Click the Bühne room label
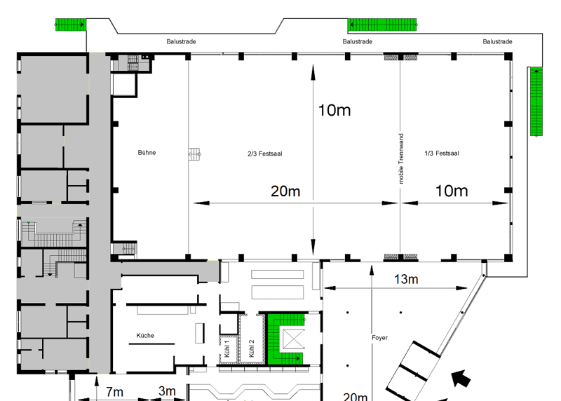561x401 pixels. pyautogui.click(x=147, y=153)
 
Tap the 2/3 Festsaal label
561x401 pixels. pyautogui.click(x=265, y=154)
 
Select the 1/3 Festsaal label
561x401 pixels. pyautogui.click(x=442, y=154)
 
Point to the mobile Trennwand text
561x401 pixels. pyautogui.click(x=401, y=159)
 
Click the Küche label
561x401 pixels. pyautogui.click(x=145, y=336)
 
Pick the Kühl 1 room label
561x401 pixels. pyautogui.click(x=227, y=349)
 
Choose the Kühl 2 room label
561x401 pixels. pyautogui.click(x=251, y=348)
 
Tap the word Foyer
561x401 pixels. pyautogui.click(x=379, y=338)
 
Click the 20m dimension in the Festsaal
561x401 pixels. pyautogui.click(x=285, y=191)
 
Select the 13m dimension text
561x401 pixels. pyautogui.click(x=406, y=279)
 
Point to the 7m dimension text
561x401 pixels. pyautogui.click(x=114, y=392)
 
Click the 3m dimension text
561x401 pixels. pyautogui.click(x=167, y=391)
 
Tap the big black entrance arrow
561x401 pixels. pyautogui.click(x=461, y=379)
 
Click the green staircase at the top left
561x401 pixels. pyautogui.click(x=71, y=25)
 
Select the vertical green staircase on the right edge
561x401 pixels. pyautogui.click(x=536, y=102)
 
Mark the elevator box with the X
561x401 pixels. pyautogui.click(x=293, y=339)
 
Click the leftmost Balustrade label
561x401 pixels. pyautogui.click(x=181, y=41)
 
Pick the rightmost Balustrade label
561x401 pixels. pyautogui.click(x=497, y=41)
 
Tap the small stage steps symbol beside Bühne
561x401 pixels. pyautogui.click(x=195, y=154)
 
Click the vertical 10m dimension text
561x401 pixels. pyautogui.click(x=334, y=110)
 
